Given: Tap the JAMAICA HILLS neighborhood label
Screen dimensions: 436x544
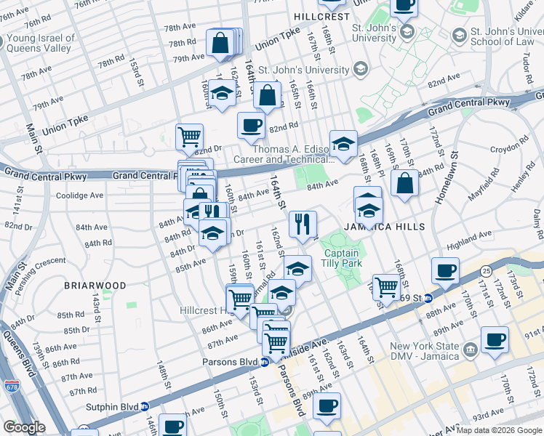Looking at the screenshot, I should pyautogui.click(x=374, y=227).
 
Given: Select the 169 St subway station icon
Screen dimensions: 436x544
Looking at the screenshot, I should pyautogui.click(x=428, y=298).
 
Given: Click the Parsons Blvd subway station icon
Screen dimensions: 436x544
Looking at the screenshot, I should pyautogui.click(x=265, y=361).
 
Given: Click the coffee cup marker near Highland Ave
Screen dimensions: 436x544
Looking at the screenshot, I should pyautogui.click(x=444, y=270).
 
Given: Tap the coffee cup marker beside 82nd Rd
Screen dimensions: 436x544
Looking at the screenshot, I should pyautogui.click(x=251, y=124).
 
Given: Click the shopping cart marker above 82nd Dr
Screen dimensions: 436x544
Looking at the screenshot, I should pyautogui.click(x=189, y=135).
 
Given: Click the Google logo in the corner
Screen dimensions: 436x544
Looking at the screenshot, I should pyautogui.click(x=24, y=427).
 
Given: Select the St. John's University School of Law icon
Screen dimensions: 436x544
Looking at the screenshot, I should pyautogui.click(x=459, y=35).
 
